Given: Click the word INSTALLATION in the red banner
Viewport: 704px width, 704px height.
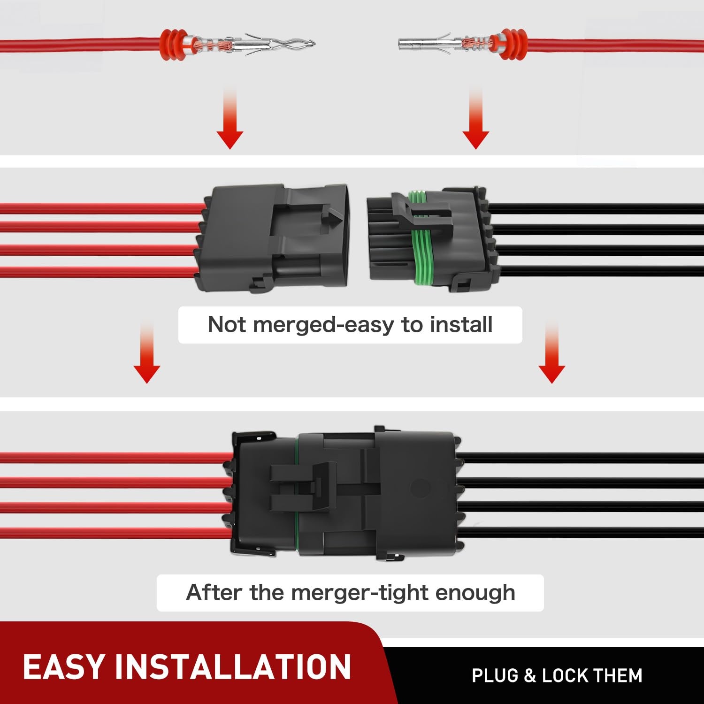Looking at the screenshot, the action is pyautogui.click(x=233, y=667).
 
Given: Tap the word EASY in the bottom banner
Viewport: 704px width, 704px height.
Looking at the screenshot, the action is pyautogui.click(x=64, y=667).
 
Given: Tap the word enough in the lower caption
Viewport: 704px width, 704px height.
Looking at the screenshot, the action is pyautogui.click(x=475, y=593).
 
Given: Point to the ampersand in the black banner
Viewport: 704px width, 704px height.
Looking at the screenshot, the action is pyautogui.click(x=530, y=676).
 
